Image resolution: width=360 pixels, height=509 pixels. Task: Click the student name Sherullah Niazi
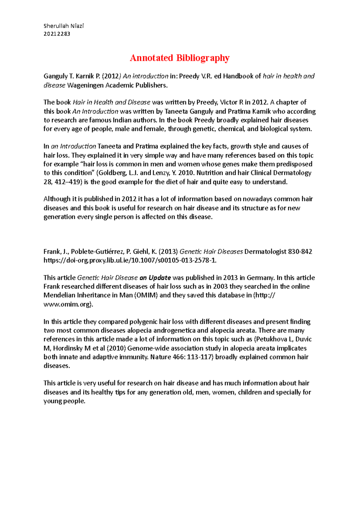(x=64, y=26)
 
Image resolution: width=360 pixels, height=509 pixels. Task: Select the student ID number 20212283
(x=57, y=34)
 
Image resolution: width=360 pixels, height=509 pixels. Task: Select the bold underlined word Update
(x=160, y=278)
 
